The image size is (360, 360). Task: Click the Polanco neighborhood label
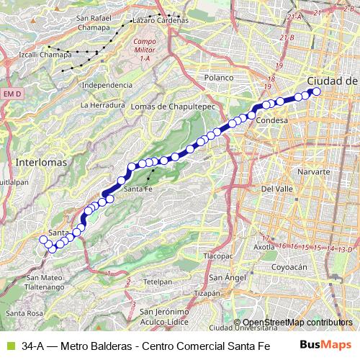pyautogui.click(x=219, y=76)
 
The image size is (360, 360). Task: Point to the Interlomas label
pyautogui.click(x=41, y=162)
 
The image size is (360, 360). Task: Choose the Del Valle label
pyautogui.click(x=276, y=188)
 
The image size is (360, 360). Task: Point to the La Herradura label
pyautogui.click(x=99, y=105)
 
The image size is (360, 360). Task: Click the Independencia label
pyautogui.click(x=108, y=84)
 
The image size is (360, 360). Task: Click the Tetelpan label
pyautogui.click(x=157, y=282)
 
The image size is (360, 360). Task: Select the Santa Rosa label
pyautogui.click(x=24, y=313)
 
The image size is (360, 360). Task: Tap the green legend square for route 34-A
pyautogui.click(x=9, y=345)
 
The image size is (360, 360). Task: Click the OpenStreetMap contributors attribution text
pyautogui.click(x=297, y=323)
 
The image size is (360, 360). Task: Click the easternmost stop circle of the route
pyautogui.click(x=316, y=92)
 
